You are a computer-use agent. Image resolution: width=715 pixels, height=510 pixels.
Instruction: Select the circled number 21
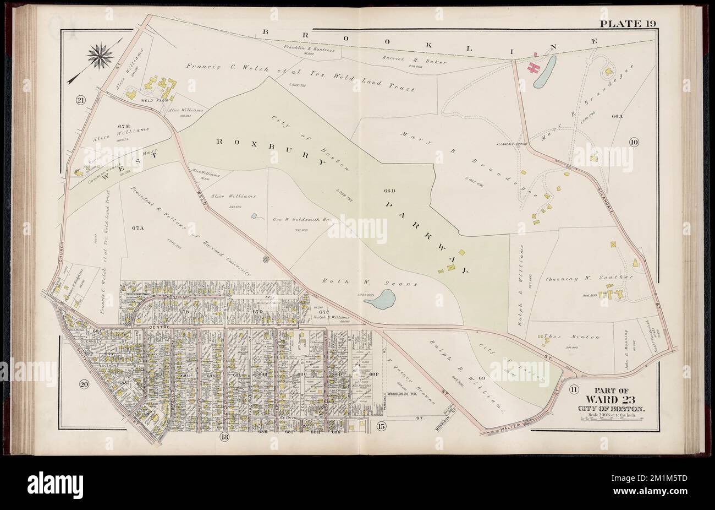(80, 100)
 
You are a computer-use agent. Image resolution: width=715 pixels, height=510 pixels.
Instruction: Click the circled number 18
(224, 437)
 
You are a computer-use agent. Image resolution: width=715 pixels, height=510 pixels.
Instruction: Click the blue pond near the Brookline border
(544, 72)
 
